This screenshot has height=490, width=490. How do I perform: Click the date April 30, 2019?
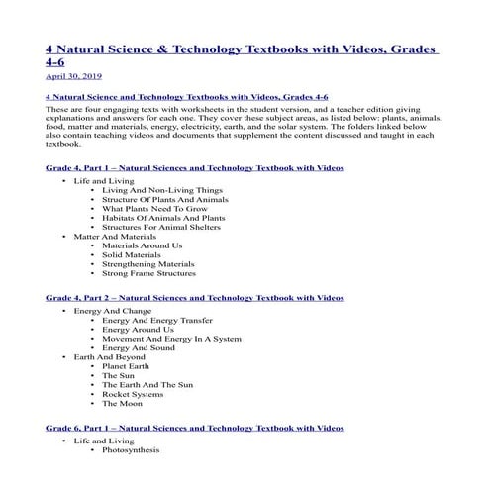[x=72, y=74]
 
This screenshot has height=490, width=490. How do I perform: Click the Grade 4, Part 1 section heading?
[x=195, y=168]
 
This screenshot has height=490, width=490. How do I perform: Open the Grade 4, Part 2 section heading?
[x=195, y=297]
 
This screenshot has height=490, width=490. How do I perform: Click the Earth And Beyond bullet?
[x=110, y=356]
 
